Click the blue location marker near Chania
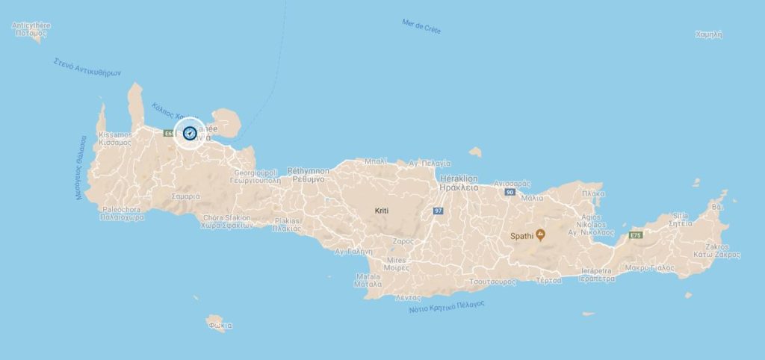tap(189, 134)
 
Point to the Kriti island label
tap(382, 211)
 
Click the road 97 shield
tap(437, 211)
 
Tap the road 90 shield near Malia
tap(510, 193)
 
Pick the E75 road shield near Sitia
tap(636, 236)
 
